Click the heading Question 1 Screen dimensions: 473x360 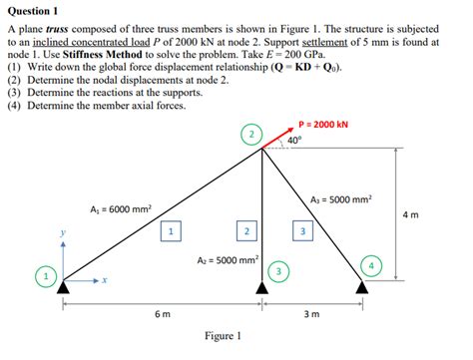click(36, 9)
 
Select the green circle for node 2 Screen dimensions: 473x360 click(252, 134)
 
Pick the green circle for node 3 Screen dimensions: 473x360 click(281, 270)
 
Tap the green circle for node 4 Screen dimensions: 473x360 click(372, 266)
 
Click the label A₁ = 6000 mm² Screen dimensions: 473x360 click(120, 209)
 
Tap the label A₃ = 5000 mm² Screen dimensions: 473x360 click(341, 199)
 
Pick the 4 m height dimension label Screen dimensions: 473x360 click(410, 214)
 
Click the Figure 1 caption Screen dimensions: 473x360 click(225, 337)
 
